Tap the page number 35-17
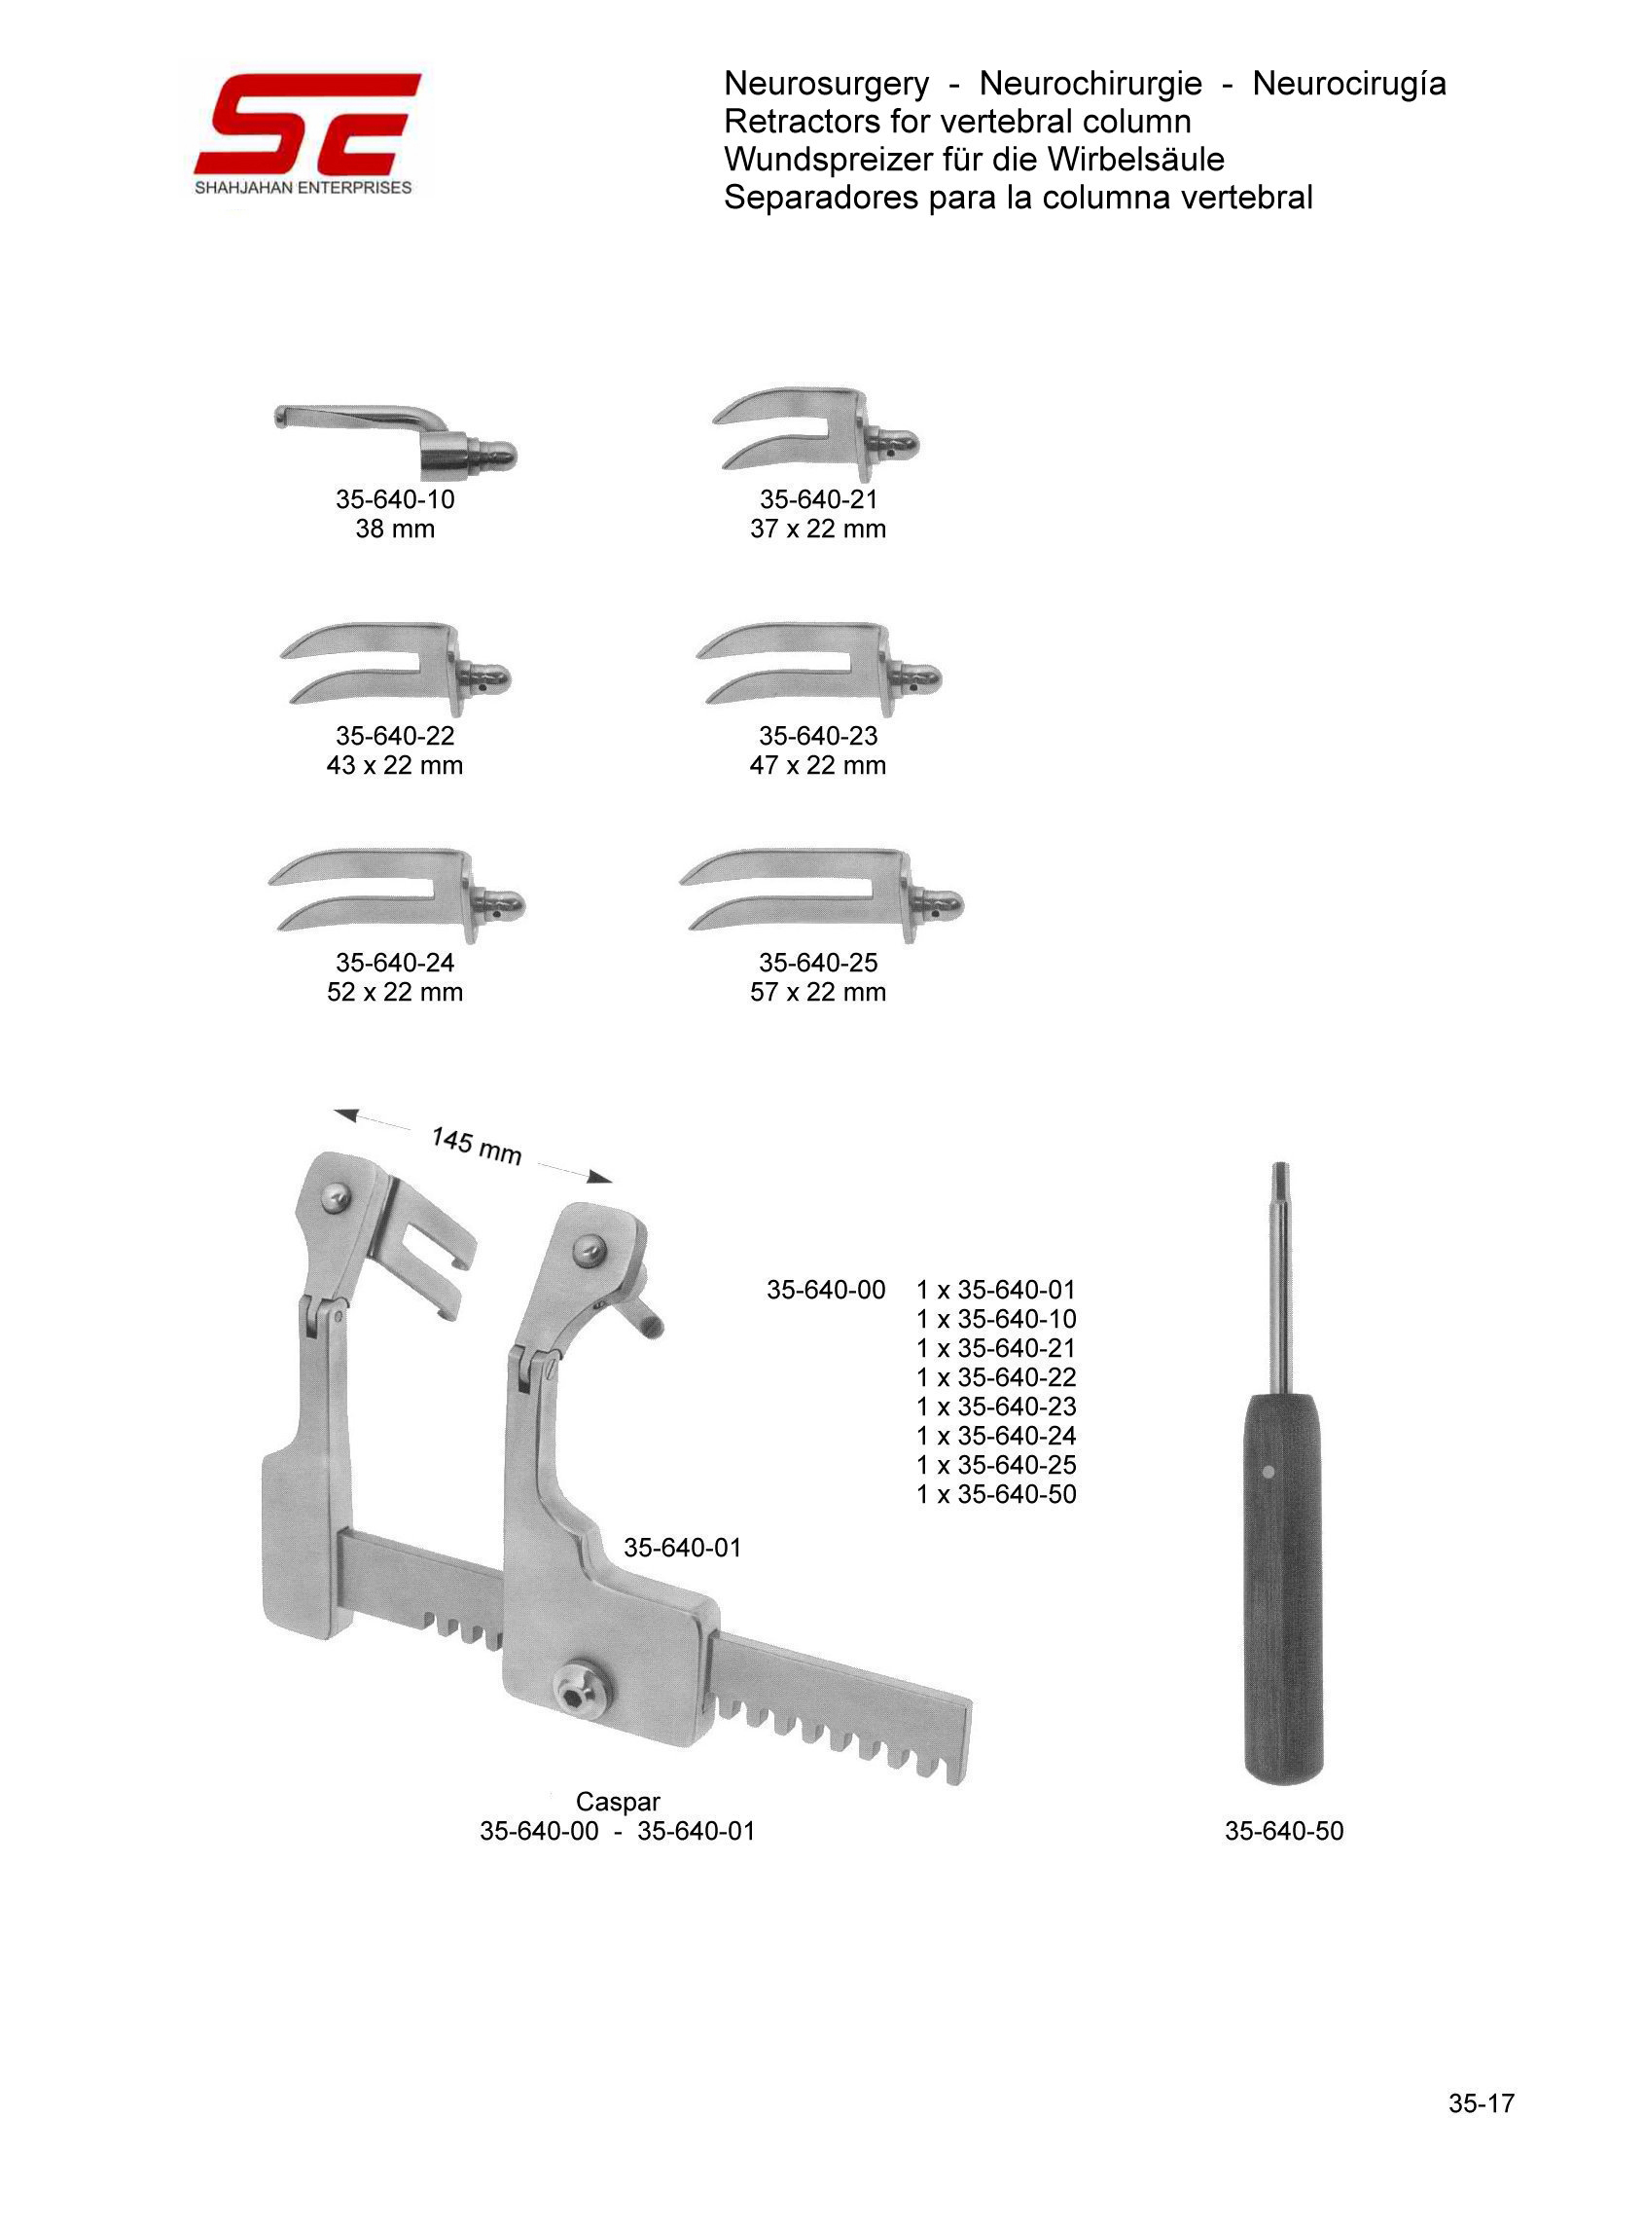point(1481,2102)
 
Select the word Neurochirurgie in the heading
point(1090,84)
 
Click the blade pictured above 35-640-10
point(395,439)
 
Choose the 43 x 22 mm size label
point(395,766)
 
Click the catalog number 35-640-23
point(818,736)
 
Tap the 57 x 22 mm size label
point(818,992)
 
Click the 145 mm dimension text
point(476,1146)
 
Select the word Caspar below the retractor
point(617,1801)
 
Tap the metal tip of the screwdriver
point(1282,1180)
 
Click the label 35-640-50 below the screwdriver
point(1284,1831)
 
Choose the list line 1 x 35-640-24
point(996,1436)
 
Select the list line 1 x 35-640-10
point(996,1319)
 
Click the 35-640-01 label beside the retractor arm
point(683,1547)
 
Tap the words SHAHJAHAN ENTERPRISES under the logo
point(303,187)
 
